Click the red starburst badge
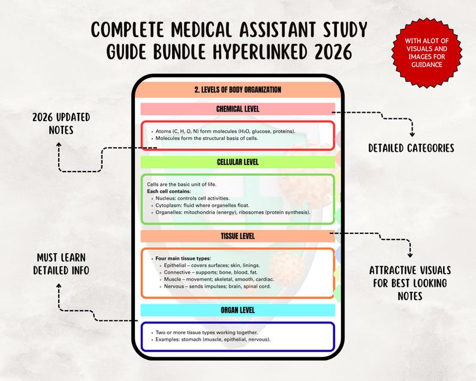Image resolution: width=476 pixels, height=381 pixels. coord(426,53)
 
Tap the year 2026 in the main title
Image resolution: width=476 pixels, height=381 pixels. coord(333,52)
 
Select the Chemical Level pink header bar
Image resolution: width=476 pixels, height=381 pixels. coord(237,109)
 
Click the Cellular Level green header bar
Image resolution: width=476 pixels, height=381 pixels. coord(237,162)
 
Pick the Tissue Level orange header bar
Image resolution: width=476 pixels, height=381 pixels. coord(237,236)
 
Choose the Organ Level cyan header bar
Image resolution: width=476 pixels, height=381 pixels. coord(237,310)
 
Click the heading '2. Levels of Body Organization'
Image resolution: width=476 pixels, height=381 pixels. coord(237,89)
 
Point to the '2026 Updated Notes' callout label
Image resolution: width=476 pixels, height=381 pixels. coord(61,124)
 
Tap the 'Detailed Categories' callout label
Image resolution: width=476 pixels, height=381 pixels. coord(411,148)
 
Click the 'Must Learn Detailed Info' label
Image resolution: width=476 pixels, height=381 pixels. coord(61,264)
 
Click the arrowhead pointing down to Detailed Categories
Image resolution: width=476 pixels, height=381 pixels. coord(412,134)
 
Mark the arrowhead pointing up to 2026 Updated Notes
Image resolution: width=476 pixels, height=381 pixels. coord(59,145)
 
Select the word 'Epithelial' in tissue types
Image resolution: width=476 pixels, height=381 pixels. coord(175,266)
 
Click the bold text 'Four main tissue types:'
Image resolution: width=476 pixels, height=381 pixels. coord(183,259)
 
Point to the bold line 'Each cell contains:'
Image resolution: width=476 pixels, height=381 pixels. coord(169,191)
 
